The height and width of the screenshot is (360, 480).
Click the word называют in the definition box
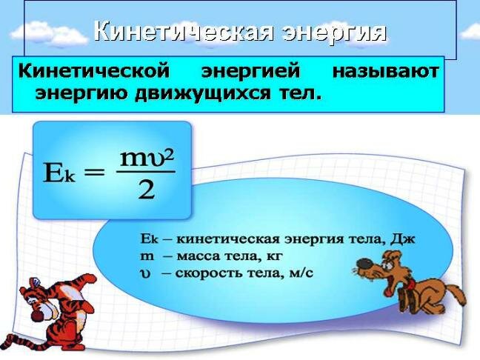click(385, 73)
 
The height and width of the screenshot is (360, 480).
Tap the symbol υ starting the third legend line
click(144, 273)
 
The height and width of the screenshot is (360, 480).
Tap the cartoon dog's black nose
click(359, 264)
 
